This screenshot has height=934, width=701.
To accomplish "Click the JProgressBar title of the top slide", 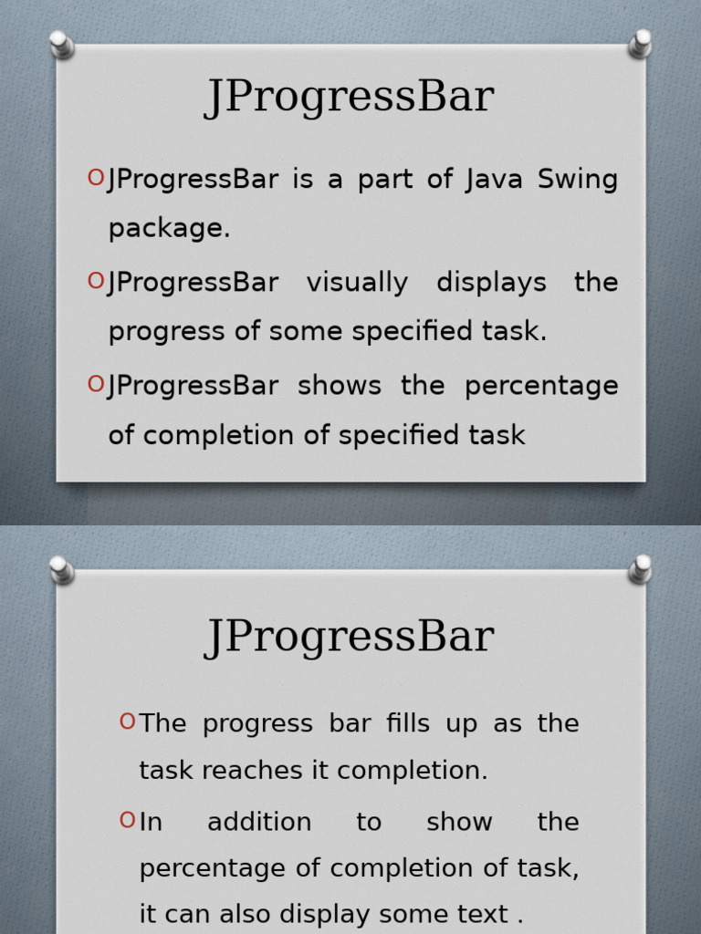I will coord(350,98).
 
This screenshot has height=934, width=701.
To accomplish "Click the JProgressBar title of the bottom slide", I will coord(350,637).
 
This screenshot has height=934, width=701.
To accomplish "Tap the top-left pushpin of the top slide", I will coord(61,44).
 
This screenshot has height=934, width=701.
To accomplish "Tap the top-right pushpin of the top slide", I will coord(640,44).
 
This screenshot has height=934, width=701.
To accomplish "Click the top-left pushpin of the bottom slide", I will coord(61,570).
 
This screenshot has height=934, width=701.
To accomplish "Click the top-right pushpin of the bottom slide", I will coord(640,570).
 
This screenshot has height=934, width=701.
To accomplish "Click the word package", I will coord(169,230).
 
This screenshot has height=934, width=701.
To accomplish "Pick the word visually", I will coord(357,284).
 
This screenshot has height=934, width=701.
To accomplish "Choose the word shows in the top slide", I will coord(340,386).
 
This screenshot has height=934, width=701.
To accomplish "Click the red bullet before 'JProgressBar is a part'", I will coord(96,178).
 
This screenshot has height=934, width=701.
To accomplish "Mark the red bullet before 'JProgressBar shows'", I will coord(96,385).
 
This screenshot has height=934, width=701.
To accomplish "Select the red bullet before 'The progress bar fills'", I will coord(127,722).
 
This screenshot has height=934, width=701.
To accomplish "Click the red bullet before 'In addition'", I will coord(127,821).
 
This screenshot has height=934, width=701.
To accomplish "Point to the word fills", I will coord(406,723).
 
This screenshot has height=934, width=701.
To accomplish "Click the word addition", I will coord(259,823).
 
